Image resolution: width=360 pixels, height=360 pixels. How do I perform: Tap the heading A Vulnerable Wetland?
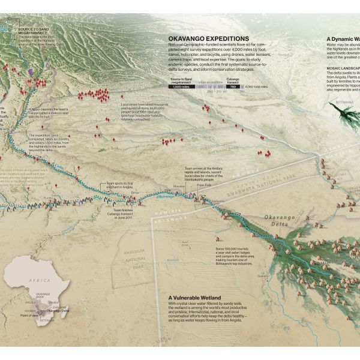194,297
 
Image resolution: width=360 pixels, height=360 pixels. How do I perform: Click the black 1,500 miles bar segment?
184,87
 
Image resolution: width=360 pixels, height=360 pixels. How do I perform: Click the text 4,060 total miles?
256,87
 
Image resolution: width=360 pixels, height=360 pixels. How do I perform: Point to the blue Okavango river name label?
164,196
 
